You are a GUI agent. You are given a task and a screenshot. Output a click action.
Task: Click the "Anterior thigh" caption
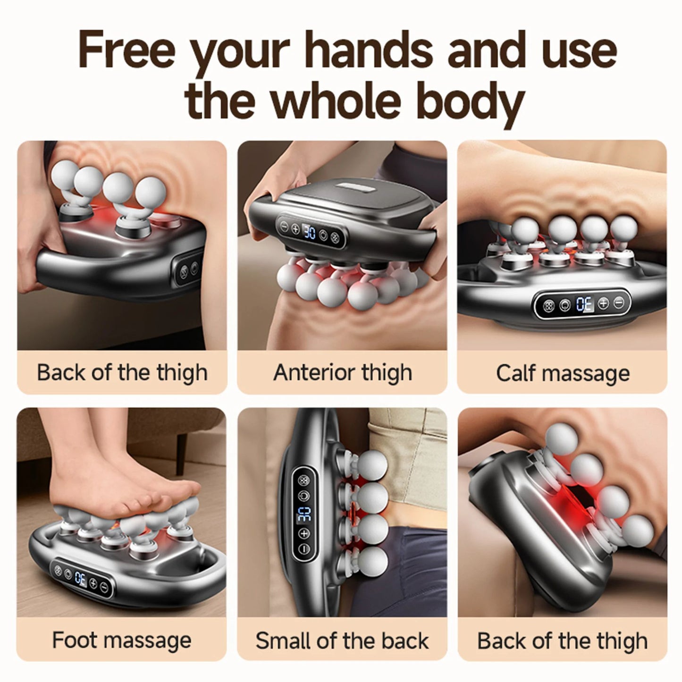coord(343,372)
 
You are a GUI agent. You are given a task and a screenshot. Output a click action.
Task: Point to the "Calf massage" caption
coord(563,373)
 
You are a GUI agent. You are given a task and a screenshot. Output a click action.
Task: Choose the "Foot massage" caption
coord(122,640)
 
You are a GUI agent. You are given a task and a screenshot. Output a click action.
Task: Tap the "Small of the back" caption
coord(342,640)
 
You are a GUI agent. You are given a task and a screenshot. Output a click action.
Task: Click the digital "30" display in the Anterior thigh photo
coord(310,233)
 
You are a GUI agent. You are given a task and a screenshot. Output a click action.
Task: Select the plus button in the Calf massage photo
coord(604,303)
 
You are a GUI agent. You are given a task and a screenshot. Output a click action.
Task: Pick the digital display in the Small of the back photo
coord(303,514)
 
